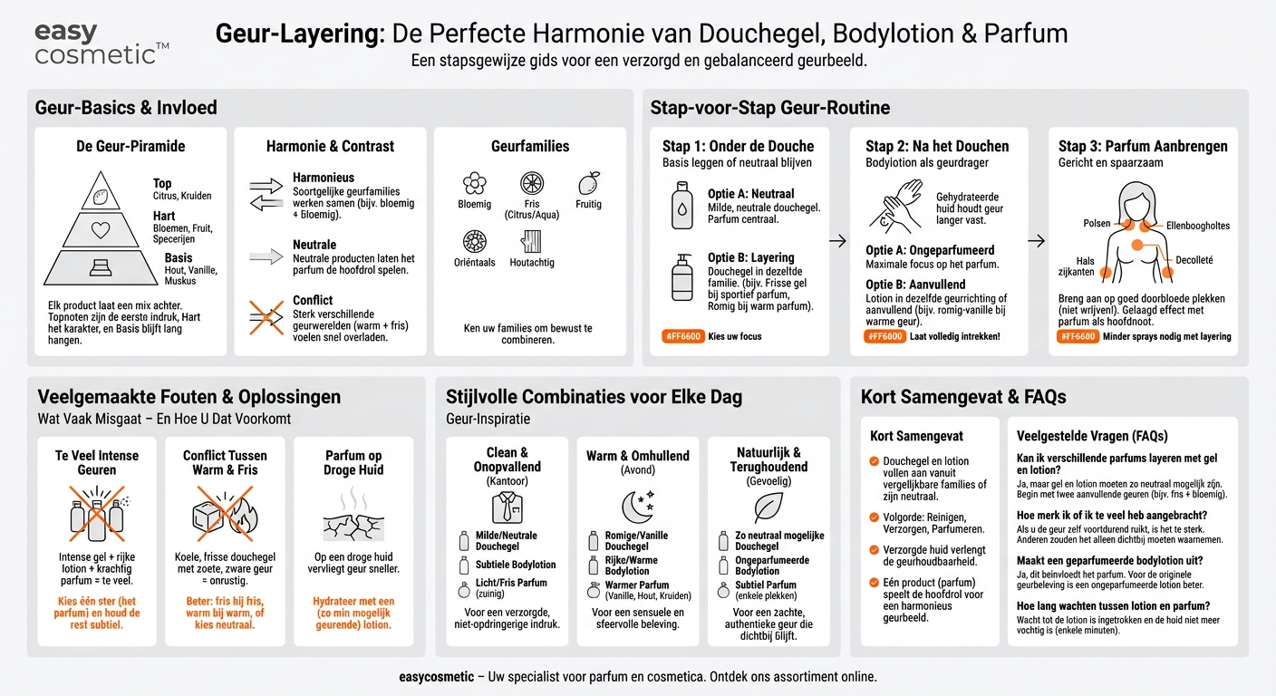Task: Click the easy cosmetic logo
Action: tap(101, 43)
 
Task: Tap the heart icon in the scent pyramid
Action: tap(101, 230)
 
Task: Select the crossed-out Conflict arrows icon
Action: tap(266, 318)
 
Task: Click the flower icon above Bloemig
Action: tap(475, 183)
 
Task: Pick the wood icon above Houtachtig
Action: tap(531, 241)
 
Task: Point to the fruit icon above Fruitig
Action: tap(588, 183)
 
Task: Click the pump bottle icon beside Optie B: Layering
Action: tap(681, 277)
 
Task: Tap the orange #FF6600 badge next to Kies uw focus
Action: tap(683, 336)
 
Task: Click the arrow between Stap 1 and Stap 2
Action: tap(838, 241)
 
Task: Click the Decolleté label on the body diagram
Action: tap(1194, 260)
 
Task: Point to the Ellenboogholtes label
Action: tap(1198, 226)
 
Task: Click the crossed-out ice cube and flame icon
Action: tap(225, 514)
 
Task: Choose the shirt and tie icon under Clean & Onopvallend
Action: tap(507, 507)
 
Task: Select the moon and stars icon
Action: tap(637, 507)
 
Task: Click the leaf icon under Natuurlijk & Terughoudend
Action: tap(768, 507)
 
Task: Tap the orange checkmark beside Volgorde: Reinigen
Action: tap(874, 517)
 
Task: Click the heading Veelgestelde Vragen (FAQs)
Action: tap(1092, 436)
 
